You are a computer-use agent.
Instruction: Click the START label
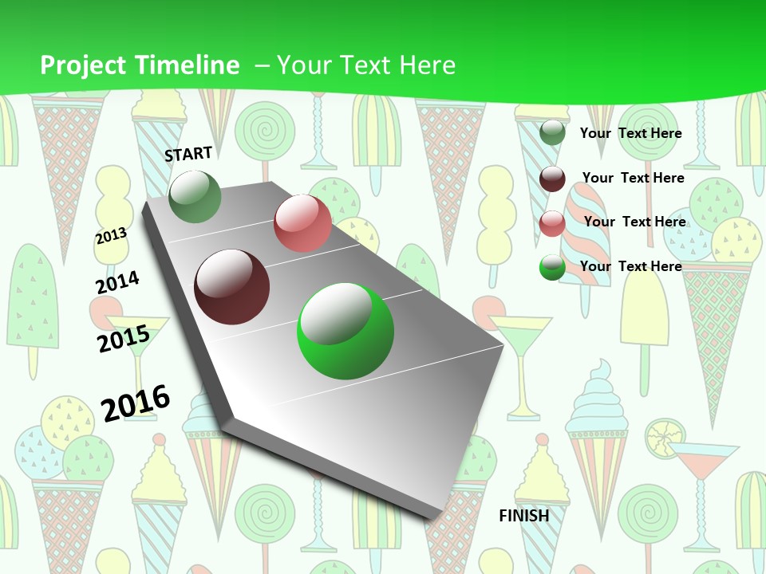[188, 154]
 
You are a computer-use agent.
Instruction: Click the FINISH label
[524, 516]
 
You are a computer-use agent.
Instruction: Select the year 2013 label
[112, 235]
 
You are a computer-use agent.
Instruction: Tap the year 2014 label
[117, 282]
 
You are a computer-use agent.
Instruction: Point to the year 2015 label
[123, 339]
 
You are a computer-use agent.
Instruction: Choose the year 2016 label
[136, 403]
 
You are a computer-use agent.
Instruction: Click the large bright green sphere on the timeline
[345, 331]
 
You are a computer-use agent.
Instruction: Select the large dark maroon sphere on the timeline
[232, 287]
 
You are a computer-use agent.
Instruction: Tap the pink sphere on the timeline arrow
[302, 223]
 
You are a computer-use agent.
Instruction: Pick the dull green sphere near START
[195, 196]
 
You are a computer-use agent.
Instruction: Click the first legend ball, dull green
[552, 132]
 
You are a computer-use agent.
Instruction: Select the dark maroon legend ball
[552, 179]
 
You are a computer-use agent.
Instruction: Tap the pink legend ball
[552, 223]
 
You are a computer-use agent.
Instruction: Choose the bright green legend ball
[552, 267]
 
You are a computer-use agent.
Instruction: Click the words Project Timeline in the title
[140, 65]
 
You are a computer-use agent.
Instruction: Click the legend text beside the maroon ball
[633, 178]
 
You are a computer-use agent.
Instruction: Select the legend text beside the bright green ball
[630, 266]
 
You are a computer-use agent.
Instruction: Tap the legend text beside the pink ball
[634, 222]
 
